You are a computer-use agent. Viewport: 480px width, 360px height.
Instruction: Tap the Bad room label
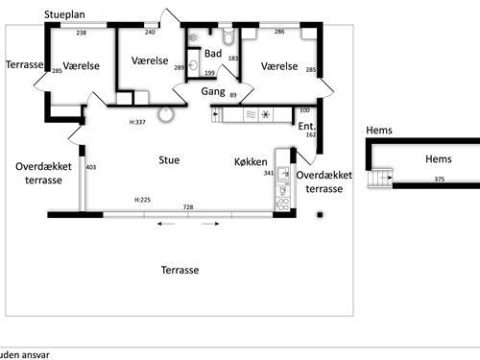(x=213, y=52)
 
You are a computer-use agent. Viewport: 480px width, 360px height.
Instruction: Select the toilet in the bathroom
(x=228, y=38)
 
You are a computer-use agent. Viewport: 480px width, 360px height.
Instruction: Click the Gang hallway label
(x=213, y=91)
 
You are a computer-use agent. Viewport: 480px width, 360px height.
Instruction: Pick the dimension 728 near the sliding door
(x=188, y=207)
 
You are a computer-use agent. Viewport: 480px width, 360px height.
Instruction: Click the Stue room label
(x=169, y=159)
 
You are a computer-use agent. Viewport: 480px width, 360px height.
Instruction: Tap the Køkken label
(x=251, y=162)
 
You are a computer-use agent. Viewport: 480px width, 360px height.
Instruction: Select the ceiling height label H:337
(x=137, y=122)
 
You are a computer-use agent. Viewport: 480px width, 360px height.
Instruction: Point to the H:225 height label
(x=143, y=200)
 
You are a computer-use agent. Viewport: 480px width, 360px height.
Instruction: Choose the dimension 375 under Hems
(x=439, y=179)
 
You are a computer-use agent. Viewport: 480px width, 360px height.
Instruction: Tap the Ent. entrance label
(x=307, y=126)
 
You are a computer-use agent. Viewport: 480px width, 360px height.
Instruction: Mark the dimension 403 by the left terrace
(x=91, y=168)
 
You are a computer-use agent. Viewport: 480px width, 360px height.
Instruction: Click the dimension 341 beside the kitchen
(x=269, y=174)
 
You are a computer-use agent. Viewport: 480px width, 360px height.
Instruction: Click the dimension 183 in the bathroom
(x=232, y=60)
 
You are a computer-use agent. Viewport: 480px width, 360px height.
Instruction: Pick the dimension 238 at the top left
(x=82, y=33)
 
